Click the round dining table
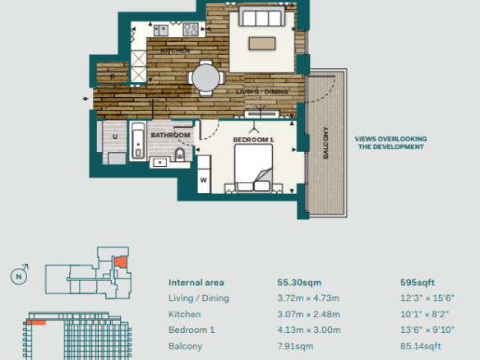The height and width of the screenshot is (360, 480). pos(205,78)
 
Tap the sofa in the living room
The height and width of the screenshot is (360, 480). pos(261,16)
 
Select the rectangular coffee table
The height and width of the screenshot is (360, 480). pos(262,44)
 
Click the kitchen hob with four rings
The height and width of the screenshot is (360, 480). pos(191,30)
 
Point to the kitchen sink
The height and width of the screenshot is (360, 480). pos(161,30)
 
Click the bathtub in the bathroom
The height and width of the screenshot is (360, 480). pos(138,141)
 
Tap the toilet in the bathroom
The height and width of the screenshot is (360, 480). pos(180,155)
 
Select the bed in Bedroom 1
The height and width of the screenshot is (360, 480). pos(253,168)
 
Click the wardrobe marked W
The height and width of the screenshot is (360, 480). pos(204,174)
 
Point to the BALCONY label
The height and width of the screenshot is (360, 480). pos(325,143)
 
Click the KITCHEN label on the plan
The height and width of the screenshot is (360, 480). pos(175,50)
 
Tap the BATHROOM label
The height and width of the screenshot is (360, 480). pos(170,135)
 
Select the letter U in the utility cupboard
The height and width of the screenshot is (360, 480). pos(115,136)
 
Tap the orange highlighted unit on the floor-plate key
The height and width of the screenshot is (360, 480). pos(120,262)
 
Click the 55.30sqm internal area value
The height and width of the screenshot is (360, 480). pos(299,283)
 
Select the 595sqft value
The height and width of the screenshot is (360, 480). pos(418,283)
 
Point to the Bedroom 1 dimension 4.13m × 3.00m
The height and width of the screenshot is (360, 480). pos(309,330)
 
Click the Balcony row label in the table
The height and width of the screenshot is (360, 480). pos(185,346)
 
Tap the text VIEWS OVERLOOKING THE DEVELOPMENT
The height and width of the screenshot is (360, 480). pos(391,143)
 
